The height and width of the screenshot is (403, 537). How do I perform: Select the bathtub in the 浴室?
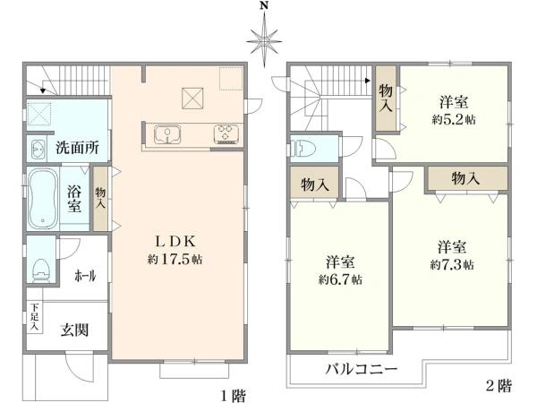coord(42,199)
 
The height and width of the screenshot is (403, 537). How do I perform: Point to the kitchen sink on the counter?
coord(167,135)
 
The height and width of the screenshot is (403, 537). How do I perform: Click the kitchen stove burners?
coord(224,134)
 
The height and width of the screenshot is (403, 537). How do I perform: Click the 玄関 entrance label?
coord(73,330)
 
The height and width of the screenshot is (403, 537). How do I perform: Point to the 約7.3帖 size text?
coord(452,265)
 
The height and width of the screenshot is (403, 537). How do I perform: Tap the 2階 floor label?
coord(499,387)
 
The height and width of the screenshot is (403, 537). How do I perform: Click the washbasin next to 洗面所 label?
coord(40,149)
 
